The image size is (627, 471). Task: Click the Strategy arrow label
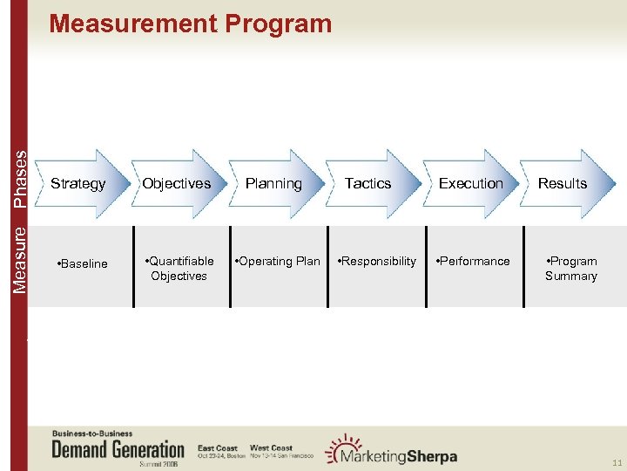[78, 183]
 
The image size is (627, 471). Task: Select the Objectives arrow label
[176, 183]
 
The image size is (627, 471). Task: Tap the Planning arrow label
[273, 183]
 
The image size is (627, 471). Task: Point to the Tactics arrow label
[367, 183]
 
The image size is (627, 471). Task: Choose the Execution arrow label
[470, 183]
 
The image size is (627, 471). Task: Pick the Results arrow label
[562, 183]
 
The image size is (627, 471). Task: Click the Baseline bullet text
[82, 263]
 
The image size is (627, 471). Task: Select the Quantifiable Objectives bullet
[179, 269]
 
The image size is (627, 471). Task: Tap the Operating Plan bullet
[278, 261]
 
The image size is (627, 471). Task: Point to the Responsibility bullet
[377, 261]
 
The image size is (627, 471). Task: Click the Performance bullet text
[474, 261]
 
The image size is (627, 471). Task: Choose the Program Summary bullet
[570, 269]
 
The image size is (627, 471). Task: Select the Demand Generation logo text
[118, 450]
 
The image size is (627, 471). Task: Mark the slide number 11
[617, 462]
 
